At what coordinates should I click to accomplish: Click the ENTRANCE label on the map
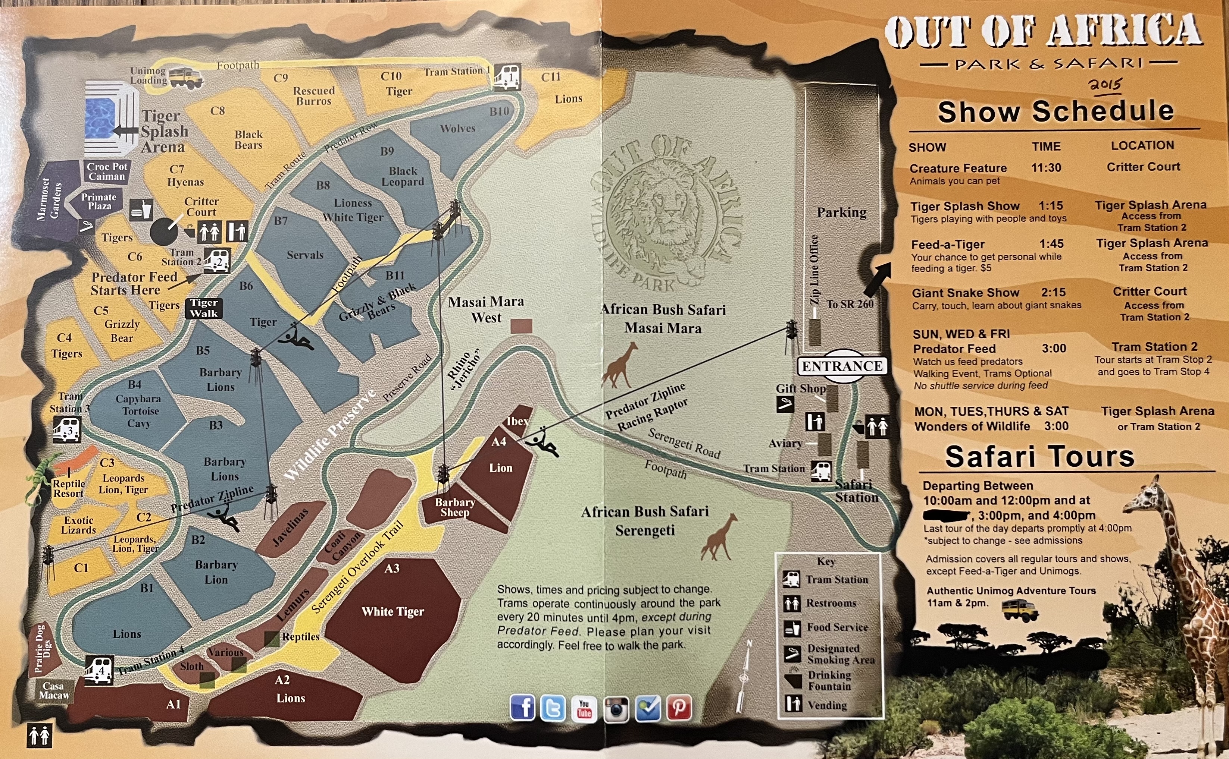point(842,366)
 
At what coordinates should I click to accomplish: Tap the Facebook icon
point(522,708)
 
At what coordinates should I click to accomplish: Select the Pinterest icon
point(679,708)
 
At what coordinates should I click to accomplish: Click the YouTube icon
point(584,708)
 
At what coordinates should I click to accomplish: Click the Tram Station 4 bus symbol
point(99,670)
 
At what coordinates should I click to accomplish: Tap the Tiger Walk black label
point(204,308)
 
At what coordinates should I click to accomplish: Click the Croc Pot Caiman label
point(106,172)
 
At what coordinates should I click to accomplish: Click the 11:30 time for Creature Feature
point(1046,168)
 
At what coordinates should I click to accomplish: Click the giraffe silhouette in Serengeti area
point(720,537)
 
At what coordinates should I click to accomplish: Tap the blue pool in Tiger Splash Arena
point(100,118)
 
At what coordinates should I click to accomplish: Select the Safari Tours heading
point(1040,457)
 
